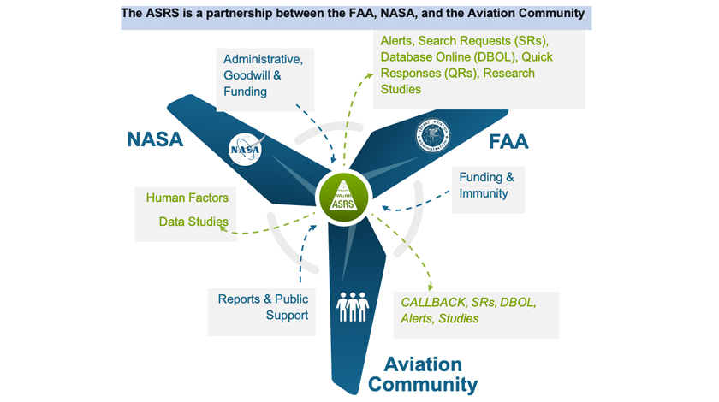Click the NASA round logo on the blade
(x=245, y=149)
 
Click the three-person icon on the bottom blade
(x=352, y=307)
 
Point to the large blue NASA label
(x=155, y=139)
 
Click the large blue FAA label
(x=508, y=141)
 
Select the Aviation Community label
(x=423, y=374)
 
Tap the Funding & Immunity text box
(x=486, y=186)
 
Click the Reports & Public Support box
(x=262, y=307)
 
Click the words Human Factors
(x=187, y=198)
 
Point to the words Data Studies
(x=193, y=222)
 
